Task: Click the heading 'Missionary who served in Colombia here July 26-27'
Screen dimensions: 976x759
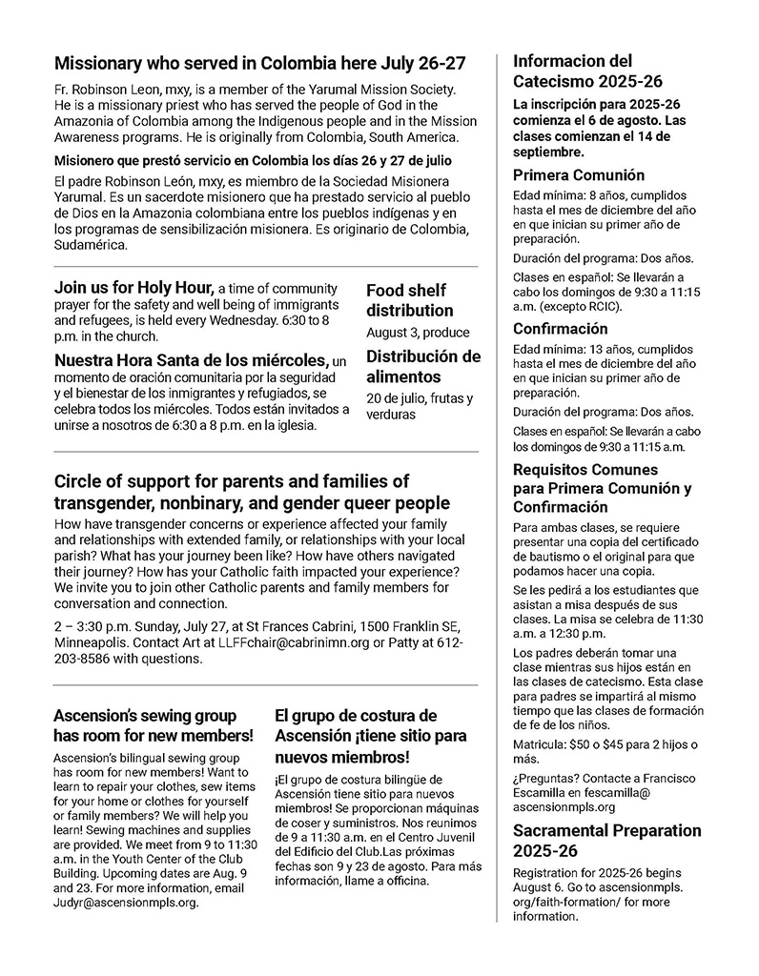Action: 259,64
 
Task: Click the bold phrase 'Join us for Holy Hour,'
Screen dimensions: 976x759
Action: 134,287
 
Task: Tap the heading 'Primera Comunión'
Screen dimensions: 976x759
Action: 578,175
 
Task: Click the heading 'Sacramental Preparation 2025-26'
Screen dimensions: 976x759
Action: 606,840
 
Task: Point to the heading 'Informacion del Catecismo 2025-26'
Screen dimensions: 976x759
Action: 587,71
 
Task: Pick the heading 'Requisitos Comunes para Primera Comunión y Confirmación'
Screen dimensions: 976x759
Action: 602,488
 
